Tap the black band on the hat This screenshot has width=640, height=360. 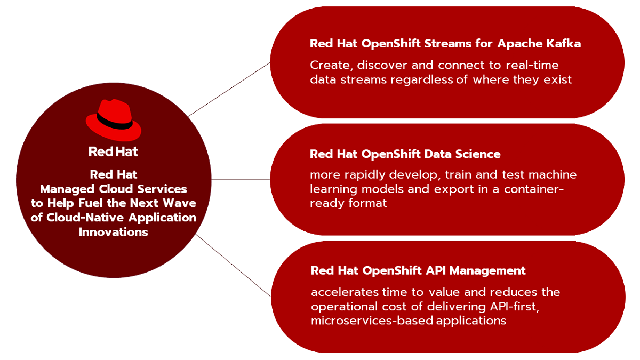pyautogui.click(x=114, y=122)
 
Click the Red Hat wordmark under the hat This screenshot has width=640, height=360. pyautogui.click(x=113, y=151)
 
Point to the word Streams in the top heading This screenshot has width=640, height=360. pyautogui.click(x=447, y=44)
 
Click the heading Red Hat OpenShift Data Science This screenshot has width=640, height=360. pyautogui.click(x=405, y=154)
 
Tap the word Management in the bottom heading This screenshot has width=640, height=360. pyautogui.click(x=487, y=271)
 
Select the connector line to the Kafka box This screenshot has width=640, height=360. pyautogui.click(x=229, y=90)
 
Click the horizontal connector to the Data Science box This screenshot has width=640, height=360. pyautogui.click(x=241, y=180)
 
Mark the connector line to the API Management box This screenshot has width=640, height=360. pyautogui.click(x=234, y=266)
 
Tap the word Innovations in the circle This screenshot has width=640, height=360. pyautogui.click(x=114, y=232)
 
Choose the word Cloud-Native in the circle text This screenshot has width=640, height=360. pyautogui.click(x=85, y=218)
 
